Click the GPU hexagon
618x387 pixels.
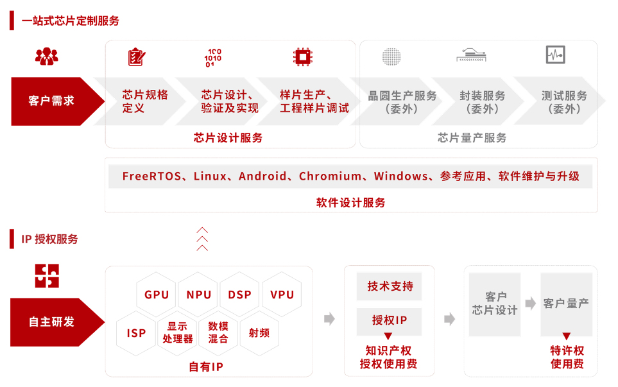pos(157,295)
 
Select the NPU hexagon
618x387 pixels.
pos(198,295)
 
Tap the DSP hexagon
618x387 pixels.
pos(239,295)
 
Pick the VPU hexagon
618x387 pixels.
pos(282,295)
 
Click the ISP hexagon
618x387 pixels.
pos(136,333)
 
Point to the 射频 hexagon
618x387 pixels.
pos(259,333)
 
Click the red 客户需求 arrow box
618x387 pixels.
pos(58,101)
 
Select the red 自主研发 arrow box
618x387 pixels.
pos(58,322)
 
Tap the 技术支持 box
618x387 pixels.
pos(390,286)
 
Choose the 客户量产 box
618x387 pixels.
pos(567,304)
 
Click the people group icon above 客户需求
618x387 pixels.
pos(46,56)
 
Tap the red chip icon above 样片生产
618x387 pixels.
pos(303,57)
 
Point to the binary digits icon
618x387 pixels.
pos(213,58)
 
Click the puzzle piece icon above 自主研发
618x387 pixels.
pos(47,276)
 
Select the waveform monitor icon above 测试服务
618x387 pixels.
pos(556,55)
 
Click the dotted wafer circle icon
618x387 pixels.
pos(391,56)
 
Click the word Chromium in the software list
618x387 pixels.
pos(330,176)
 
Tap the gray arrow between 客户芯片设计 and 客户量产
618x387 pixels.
pos(531,304)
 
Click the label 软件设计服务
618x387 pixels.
pos(351,203)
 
